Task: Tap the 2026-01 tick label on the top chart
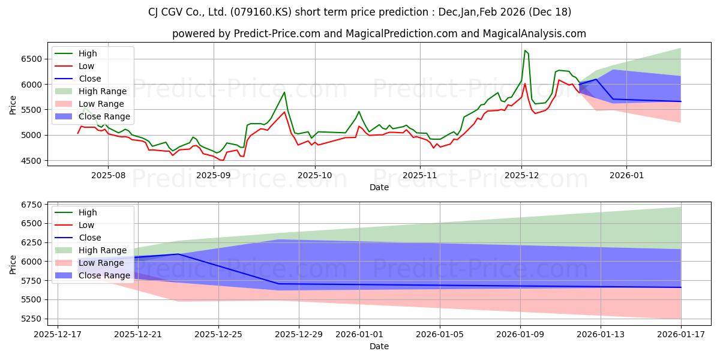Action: [626, 175]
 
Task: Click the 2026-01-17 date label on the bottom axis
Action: [681, 334]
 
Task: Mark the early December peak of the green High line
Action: [525, 50]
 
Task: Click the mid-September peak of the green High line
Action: [284, 92]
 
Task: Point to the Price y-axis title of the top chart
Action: [13, 104]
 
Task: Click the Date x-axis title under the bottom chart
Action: [379, 346]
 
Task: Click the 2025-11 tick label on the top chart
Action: [420, 175]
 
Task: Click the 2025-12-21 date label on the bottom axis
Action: [138, 334]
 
